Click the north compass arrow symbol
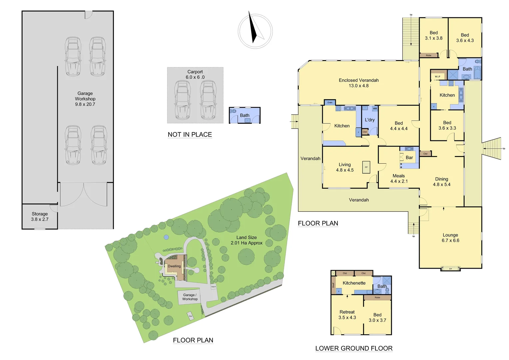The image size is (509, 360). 254,28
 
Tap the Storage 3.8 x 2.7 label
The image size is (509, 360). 40,217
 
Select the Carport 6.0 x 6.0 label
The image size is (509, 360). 195,74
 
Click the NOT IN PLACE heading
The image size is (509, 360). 190,134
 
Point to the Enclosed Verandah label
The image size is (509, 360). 359,83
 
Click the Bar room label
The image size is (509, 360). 409,158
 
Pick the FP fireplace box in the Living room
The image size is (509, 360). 366,167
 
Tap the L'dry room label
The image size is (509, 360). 370,120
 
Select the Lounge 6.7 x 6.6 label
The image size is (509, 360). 450,238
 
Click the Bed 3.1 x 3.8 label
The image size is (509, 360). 434,35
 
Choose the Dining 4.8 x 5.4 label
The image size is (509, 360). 442,182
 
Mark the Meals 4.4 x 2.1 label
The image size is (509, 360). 399,178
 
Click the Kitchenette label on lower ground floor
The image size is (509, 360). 354,283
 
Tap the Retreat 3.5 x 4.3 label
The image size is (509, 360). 347,315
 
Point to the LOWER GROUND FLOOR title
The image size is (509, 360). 354,348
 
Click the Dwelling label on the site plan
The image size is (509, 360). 174,266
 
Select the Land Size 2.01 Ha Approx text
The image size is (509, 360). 247,240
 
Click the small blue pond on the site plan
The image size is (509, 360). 166,237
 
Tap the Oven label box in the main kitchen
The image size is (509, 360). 330,103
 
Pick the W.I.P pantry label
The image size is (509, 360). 437,77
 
